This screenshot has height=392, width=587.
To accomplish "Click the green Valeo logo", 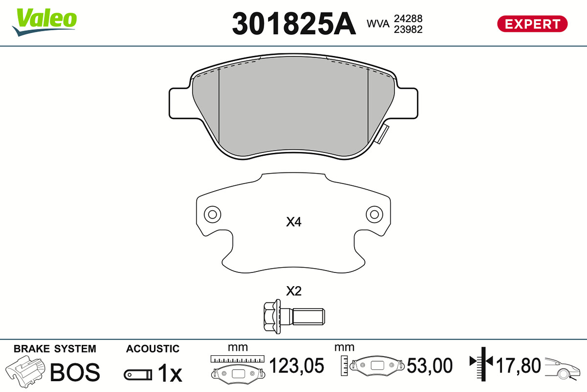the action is [x=45, y=22].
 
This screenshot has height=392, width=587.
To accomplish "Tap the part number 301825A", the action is [x=294, y=24].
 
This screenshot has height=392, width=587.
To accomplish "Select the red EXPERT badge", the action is [x=532, y=24].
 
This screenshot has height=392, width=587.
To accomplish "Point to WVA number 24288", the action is [x=408, y=19].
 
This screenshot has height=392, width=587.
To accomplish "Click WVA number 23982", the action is [x=408, y=29].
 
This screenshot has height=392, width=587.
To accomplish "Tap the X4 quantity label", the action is [x=293, y=222].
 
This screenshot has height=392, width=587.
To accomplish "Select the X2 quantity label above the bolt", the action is [x=293, y=291].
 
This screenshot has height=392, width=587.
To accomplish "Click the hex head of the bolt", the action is [x=272, y=317].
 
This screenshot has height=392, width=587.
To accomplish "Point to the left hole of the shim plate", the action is [x=212, y=215].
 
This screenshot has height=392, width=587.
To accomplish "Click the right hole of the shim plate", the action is [x=374, y=215].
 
